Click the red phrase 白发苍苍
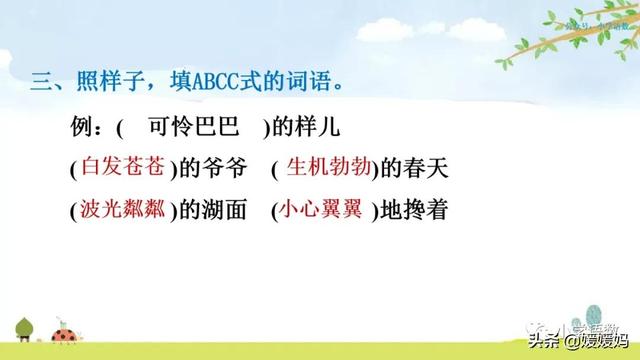113,169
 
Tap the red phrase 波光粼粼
113,210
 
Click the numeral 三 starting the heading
40,82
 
